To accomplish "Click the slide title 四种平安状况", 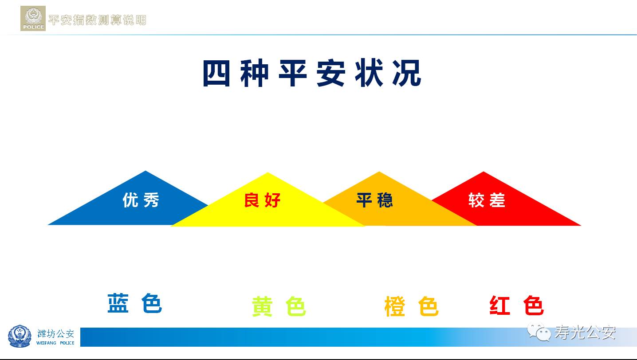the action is (x=312, y=73).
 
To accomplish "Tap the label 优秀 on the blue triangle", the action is (x=141, y=200).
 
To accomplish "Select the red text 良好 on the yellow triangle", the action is (x=262, y=200).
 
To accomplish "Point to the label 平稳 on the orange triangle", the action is (x=374, y=200).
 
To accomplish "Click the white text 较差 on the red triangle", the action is (x=487, y=200).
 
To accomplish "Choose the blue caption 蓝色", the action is (x=134, y=303).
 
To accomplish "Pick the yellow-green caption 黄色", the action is (x=279, y=306).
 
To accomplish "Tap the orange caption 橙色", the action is (x=411, y=306).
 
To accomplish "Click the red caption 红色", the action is (x=516, y=305).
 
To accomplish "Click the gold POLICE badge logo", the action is (x=33, y=19).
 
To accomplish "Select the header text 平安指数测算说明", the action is (x=97, y=20).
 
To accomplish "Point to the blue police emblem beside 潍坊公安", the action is (x=20, y=337).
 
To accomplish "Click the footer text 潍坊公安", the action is (x=55, y=333).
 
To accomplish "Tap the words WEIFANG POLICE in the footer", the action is (x=55, y=343).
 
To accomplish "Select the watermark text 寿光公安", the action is (x=585, y=333).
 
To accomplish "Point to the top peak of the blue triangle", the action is (x=145, y=171).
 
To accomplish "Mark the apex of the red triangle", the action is (x=484, y=172).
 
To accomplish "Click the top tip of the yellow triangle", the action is (x=267, y=172).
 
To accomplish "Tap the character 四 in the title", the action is (x=216, y=73).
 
